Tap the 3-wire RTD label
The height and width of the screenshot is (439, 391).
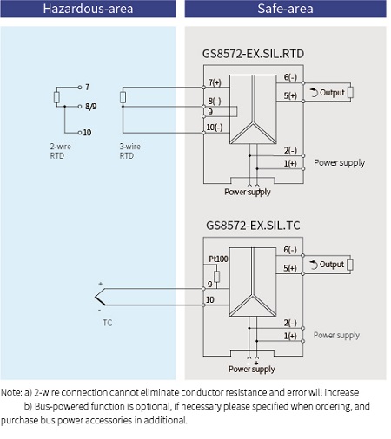[x=129, y=151]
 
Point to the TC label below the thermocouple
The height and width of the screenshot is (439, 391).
[x=107, y=324]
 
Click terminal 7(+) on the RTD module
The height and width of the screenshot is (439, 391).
[x=215, y=82]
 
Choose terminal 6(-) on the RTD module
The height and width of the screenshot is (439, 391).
[x=290, y=77]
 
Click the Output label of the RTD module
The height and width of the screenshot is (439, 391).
[x=333, y=92]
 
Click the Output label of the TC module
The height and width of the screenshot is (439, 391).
[x=333, y=264]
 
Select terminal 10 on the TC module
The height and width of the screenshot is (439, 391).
[x=210, y=299]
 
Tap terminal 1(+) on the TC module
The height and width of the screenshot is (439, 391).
[x=290, y=335]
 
